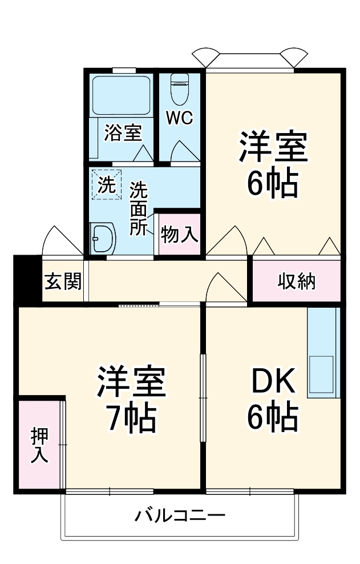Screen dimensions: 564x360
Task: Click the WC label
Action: pos(179,118)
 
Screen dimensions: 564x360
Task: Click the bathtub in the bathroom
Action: pos(121,95)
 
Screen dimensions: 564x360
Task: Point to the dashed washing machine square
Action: pos(107,184)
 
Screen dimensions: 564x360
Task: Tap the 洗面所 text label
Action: pos(139,208)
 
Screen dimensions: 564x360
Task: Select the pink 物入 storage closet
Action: pos(179,234)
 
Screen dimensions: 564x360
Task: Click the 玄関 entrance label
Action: pos(63,281)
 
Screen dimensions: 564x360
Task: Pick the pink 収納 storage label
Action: pos(297,281)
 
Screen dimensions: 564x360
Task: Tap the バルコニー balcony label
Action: pos(180,517)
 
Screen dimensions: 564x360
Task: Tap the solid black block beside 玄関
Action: pos(27,280)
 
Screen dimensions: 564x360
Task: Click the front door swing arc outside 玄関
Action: pos(62,240)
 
